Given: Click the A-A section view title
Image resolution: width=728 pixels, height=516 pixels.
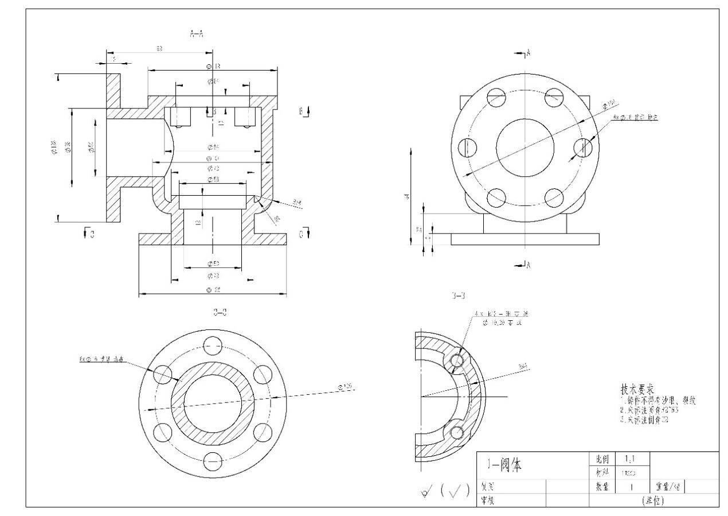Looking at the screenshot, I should (x=196, y=34).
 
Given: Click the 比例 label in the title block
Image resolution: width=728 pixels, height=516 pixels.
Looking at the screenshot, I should (x=602, y=459).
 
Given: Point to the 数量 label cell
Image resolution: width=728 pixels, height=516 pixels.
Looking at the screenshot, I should (x=602, y=487).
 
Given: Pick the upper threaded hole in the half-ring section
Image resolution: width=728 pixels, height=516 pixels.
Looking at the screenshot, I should (x=457, y=360).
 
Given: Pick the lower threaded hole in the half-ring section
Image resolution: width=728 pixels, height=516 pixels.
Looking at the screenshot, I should (x=457, y=432).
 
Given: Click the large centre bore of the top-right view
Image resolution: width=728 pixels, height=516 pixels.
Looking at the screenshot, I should (x=525, y=147).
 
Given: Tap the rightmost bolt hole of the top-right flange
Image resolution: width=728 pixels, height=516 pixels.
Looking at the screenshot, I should (x=583, y=147).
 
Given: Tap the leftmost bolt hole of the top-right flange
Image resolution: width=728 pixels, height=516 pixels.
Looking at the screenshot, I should (x=467, y=147).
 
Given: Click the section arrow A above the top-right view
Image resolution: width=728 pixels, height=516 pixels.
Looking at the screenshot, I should (x=524, y=53).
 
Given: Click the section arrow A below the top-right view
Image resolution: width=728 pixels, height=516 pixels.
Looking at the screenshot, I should (x=524, y=265).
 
